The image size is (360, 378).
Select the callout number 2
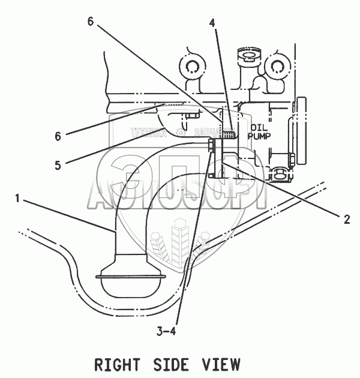[346, 220]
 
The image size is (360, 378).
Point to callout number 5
[57, 166]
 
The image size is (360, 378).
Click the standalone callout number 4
[212, 23]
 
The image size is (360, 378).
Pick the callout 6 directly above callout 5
[57, 136]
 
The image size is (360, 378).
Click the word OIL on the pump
[259, 127]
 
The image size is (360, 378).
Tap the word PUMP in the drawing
[260, 136]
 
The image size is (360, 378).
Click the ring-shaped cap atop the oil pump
[247, 57]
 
